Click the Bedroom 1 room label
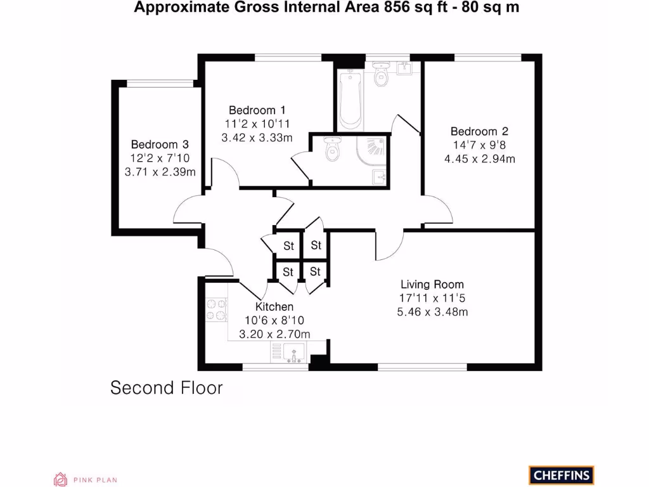(252, 110)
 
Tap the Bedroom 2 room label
(479, 132)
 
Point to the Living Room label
(432, 285)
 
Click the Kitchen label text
(274, 307)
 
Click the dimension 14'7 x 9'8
(479, 145)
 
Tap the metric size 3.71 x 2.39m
(160, 171)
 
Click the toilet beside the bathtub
(381, 75)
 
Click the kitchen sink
(294, 352)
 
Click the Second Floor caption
(167, 387)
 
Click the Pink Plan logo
(85, 480)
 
